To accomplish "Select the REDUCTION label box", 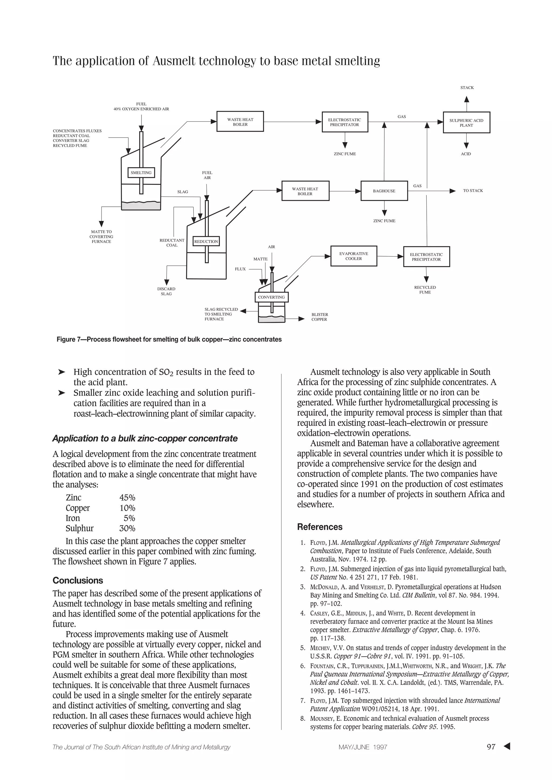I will [x=206, y=241].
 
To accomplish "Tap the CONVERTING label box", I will [x=271, y=297].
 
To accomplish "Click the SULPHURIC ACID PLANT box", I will [x=466, y=123].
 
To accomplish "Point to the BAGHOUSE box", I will [x=384, y=191].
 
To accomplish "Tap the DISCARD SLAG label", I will [x=166, y=291].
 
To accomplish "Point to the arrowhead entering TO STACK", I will [x=453, y=191].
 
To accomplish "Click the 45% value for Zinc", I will [x=127, y=498].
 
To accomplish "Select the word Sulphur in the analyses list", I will [x=80, y=528].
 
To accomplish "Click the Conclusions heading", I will [x=78, y=580].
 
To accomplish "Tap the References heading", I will [x=320, y=527].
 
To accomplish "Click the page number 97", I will [x=491, y=747].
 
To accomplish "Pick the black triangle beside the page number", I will [x=507, y=746].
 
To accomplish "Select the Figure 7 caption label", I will [x=169, y=339].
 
